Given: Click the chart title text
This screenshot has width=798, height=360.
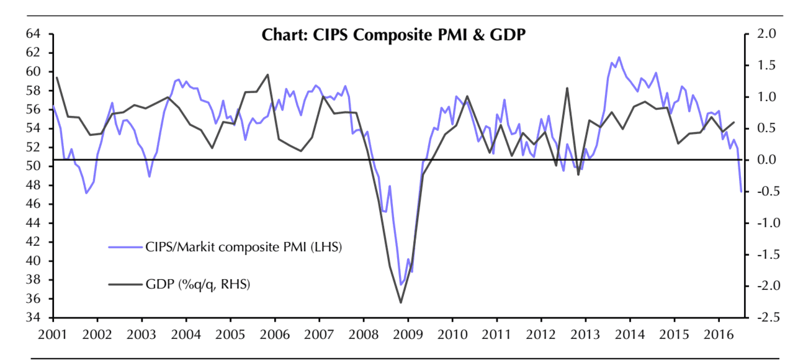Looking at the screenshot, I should (394, 35).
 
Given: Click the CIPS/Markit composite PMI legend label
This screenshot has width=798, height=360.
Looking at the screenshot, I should (244, 247).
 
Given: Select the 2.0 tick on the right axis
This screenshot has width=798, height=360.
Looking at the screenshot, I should (768, 34).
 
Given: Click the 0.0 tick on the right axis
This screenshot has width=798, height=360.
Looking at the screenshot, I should (768, 160).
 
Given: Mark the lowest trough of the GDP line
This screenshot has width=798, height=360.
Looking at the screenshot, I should (401, 303).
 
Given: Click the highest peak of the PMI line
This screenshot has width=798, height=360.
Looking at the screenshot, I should (619, 57).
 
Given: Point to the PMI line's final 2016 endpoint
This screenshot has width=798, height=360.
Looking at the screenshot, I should (741, 191).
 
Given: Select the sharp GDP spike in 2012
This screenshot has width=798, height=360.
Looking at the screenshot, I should (567, 88).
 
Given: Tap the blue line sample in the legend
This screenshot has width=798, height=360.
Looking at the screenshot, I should (125, 247).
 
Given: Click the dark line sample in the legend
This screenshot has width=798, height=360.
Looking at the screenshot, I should (125, 285).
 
